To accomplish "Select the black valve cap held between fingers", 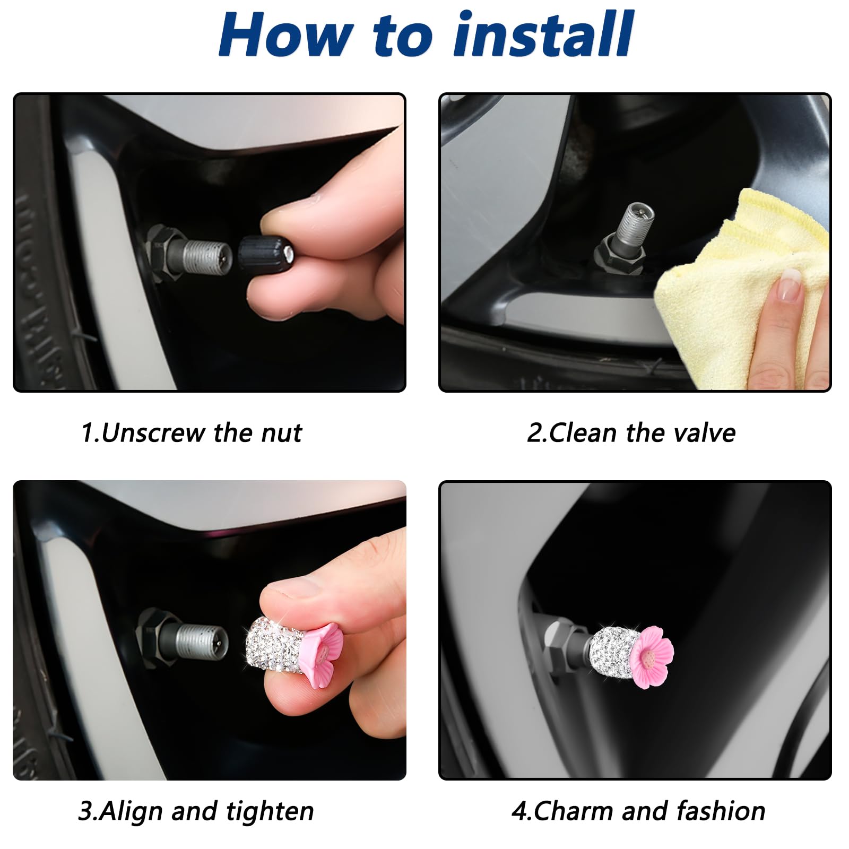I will (264, 254).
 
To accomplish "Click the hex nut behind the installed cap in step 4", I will (557, 645).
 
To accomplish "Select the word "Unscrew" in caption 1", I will (154, 433).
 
